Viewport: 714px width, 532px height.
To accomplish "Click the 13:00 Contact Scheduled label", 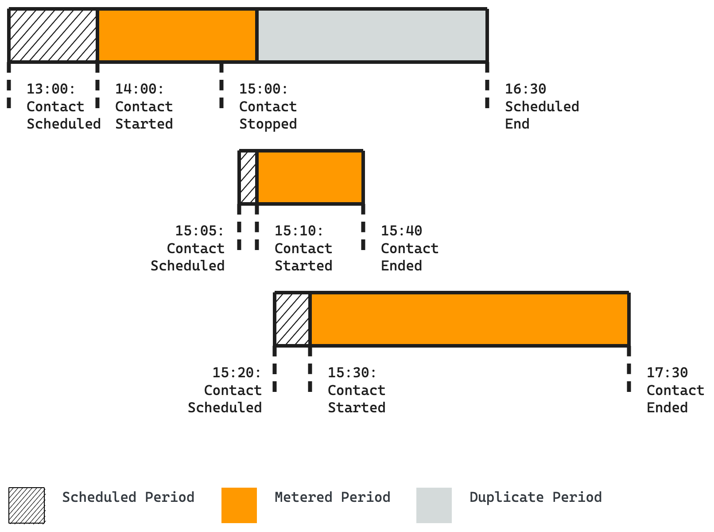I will point(63,106).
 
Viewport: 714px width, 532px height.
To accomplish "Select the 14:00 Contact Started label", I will point(144,106).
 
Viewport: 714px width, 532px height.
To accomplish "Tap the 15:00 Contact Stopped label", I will point(268,106).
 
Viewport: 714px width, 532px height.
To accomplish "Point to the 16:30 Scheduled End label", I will point(541,106).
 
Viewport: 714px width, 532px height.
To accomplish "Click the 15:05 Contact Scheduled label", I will point(188,248).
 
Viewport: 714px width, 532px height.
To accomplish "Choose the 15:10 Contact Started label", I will point(303,248).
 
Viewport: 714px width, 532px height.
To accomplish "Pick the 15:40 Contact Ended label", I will point(409,248).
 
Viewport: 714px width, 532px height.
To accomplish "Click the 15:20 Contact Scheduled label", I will point(225,390).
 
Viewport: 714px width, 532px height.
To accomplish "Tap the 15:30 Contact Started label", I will point(356,390).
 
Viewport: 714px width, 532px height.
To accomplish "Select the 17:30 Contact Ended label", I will point(675,390).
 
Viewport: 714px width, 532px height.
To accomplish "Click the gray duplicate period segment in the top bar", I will point(372,35).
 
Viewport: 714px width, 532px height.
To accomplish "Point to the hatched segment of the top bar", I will point(53,35).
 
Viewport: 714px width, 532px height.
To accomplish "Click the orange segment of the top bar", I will point(177,35).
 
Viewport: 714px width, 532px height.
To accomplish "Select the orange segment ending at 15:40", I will point(310,177).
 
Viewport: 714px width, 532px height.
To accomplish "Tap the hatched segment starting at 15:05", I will point(248,177).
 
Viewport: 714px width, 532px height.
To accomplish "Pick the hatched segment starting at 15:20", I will point(292,319).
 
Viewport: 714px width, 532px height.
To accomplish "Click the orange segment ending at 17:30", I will point(470,319).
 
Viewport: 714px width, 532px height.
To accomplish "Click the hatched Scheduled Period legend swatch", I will point(27,505).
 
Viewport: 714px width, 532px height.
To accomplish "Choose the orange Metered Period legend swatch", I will point(239,505).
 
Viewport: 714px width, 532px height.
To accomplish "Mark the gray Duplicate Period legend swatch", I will point(434,505).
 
